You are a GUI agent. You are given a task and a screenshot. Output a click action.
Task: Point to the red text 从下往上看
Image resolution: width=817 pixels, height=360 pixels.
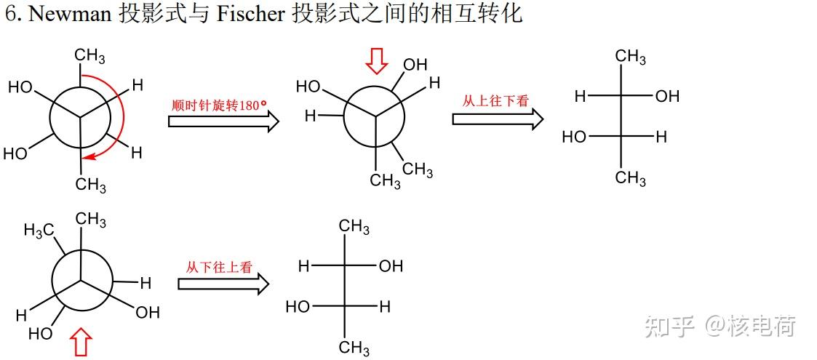pos(219,267)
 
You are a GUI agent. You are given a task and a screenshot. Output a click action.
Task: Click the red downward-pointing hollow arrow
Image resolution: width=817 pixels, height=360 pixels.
pos(376,62)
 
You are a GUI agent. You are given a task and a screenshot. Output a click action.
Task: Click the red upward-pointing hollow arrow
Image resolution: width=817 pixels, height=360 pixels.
pos(81,342)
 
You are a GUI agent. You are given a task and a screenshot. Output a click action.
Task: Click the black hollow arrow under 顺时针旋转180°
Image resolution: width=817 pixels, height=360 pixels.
pos(223,121)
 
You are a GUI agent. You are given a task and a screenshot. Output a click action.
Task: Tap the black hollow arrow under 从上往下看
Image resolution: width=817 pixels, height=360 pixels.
pos(498,118)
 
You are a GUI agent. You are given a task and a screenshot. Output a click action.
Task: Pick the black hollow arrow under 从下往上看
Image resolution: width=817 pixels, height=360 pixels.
pos(223,284)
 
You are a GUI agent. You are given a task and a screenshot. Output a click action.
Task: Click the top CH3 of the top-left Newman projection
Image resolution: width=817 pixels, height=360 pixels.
pos(90,57)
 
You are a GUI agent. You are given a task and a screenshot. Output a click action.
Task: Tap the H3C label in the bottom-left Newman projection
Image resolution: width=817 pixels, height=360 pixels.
pos(39,231)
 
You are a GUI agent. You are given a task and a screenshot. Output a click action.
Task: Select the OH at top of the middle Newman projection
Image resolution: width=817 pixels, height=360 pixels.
pos(415,65)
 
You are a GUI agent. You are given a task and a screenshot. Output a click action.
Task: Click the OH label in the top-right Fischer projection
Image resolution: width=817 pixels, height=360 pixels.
pos(667,96)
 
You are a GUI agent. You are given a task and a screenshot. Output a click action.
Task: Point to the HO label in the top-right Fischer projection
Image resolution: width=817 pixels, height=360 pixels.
pos(574,137)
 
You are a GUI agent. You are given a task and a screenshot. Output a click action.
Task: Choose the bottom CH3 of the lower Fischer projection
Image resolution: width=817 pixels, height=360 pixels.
pos(354,347)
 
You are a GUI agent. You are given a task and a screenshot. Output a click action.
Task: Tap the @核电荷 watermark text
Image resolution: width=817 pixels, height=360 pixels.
pos(749,326)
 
